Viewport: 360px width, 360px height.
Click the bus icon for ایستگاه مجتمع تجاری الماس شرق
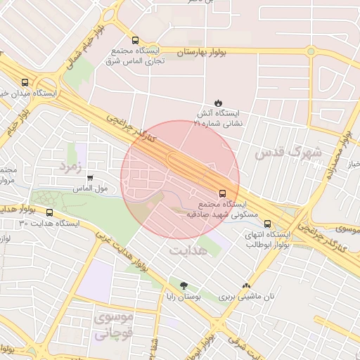click(135, 40)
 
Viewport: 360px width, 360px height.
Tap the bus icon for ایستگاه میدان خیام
click(26, 81)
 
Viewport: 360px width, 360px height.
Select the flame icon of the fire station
click(218, 103)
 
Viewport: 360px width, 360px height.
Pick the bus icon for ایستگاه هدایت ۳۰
click(49, 212)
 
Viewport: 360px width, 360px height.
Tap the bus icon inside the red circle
click(223, 193)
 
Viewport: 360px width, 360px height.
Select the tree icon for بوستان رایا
click(184, 285)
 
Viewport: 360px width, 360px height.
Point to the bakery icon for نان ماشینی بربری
click(246, 285)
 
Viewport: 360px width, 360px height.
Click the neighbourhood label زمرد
click(71, 166)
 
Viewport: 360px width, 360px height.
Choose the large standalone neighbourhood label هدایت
click(188, 250)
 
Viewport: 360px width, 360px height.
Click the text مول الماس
click(89, 189)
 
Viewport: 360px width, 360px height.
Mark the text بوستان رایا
click(184, 297)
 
